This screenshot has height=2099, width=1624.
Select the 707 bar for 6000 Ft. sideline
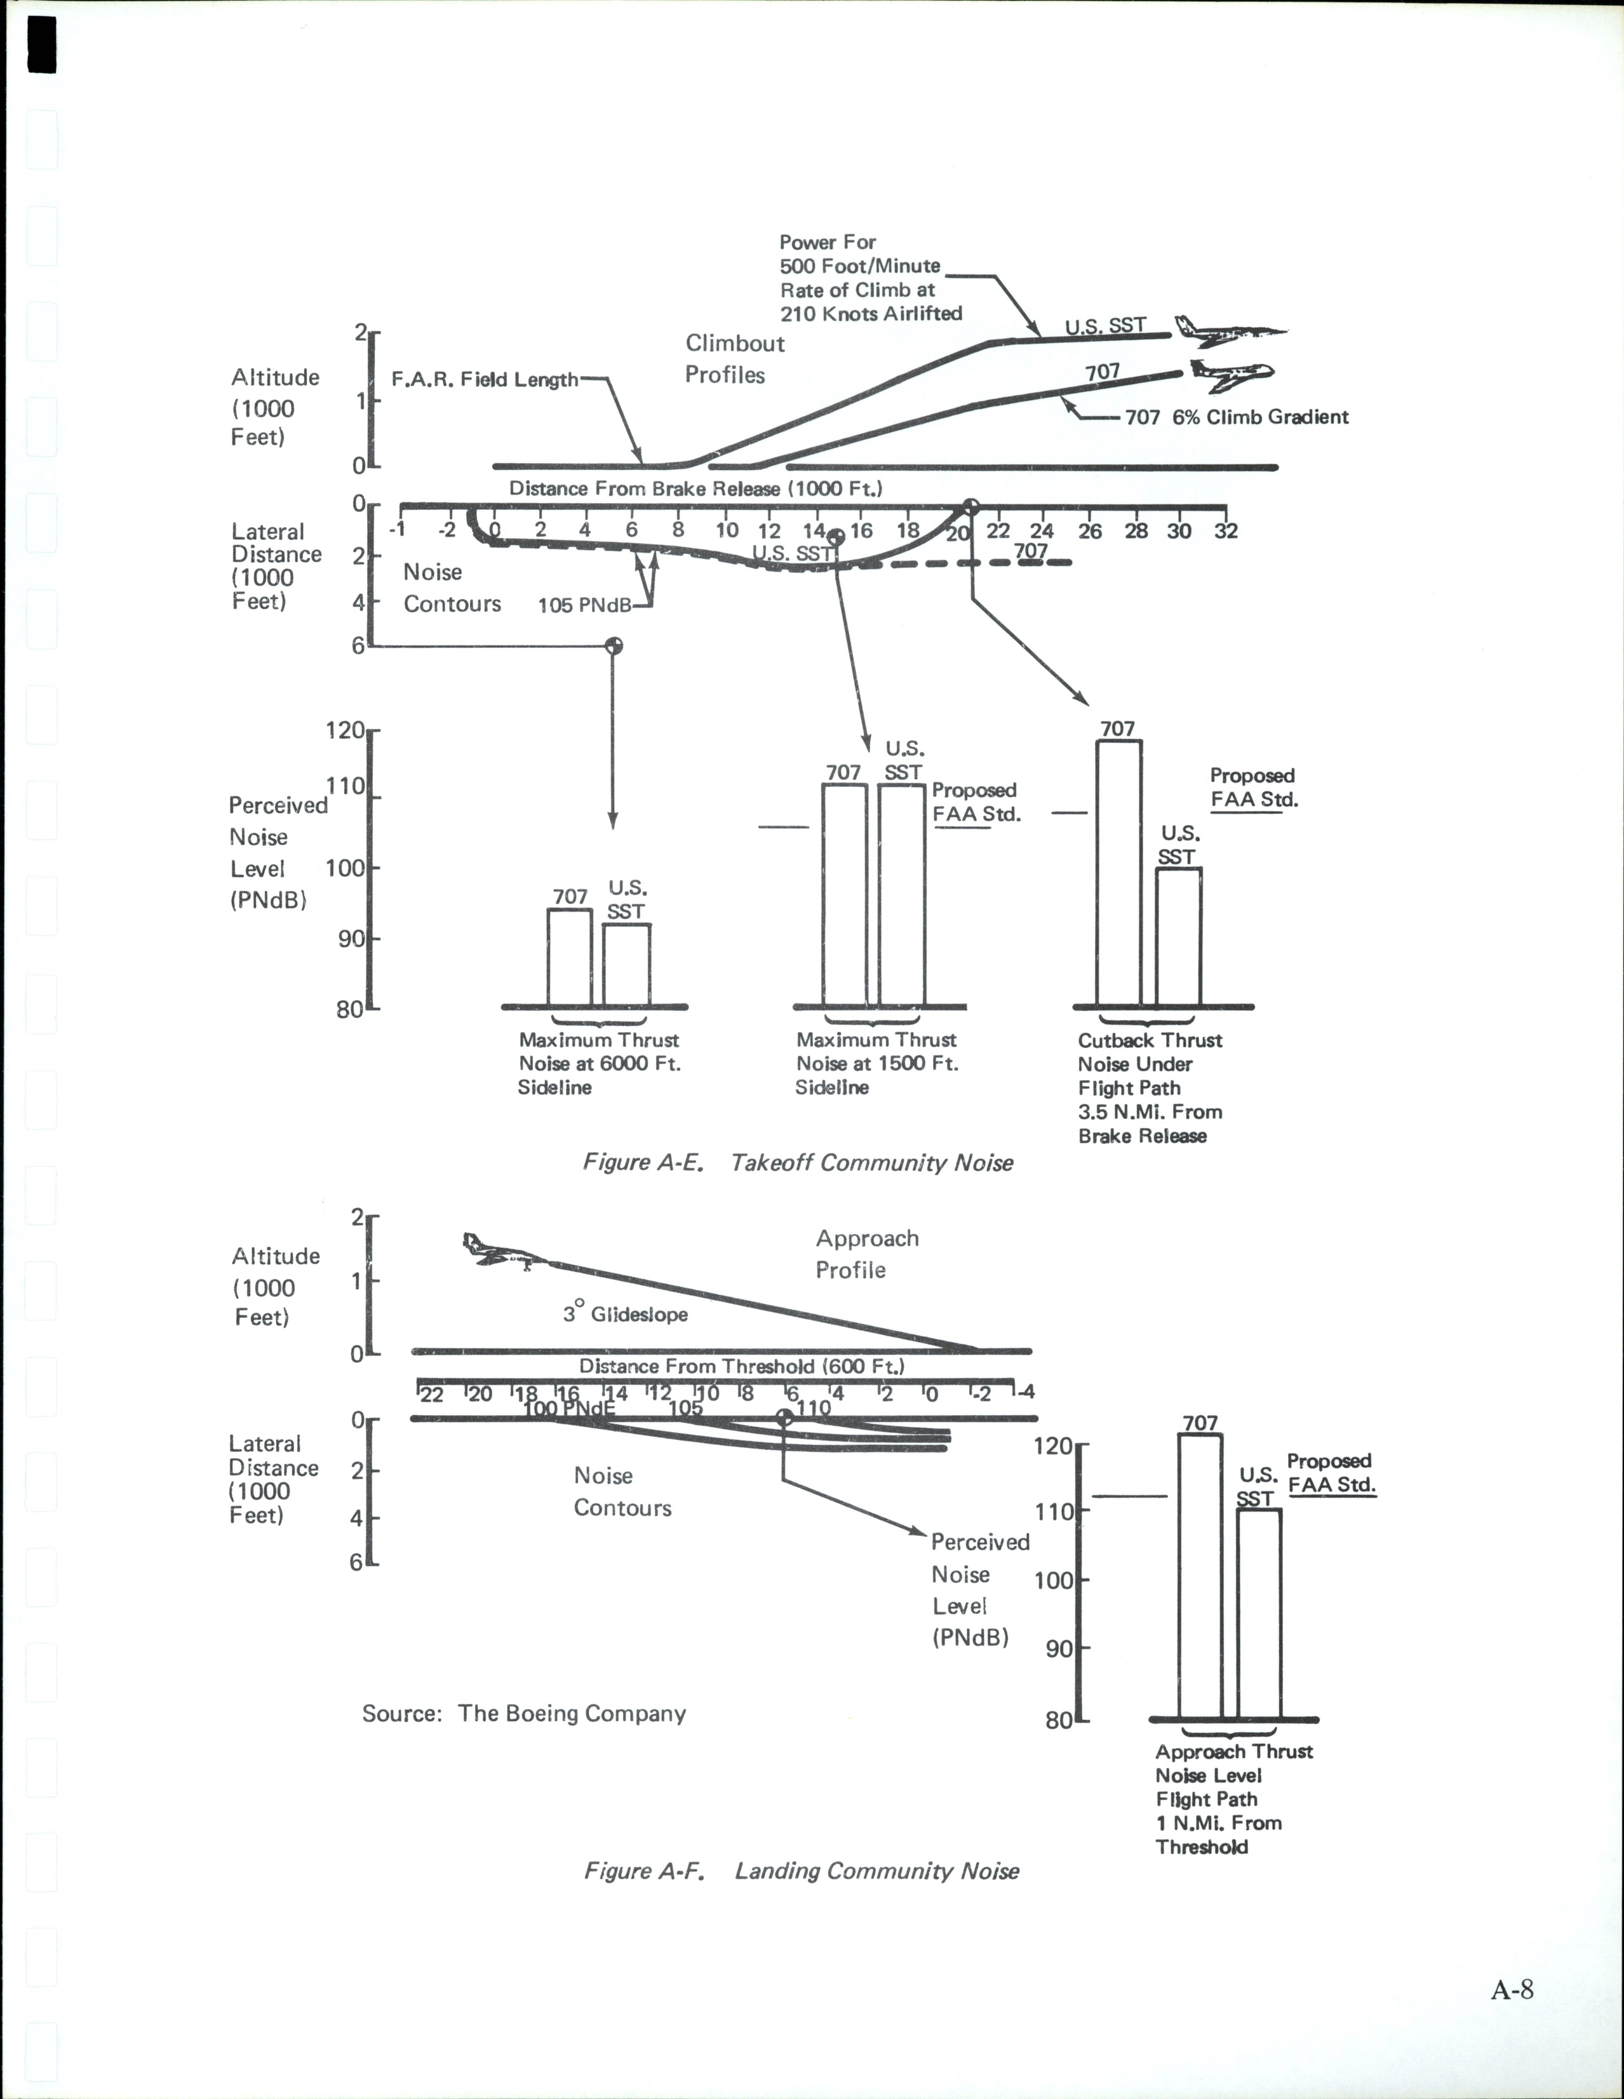tap(569, 956)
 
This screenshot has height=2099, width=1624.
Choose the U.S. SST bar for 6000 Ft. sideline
tap(626, 964)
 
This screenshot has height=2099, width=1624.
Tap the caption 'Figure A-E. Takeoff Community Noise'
tap(798, 1163)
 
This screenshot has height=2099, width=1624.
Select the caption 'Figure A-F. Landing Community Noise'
tap(802, 1871)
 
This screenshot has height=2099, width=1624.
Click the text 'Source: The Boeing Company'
tap(524, 1713)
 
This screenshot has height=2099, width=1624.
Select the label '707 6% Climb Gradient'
tap(1237, 417)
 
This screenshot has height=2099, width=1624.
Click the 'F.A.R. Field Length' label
tap(485, 380)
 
